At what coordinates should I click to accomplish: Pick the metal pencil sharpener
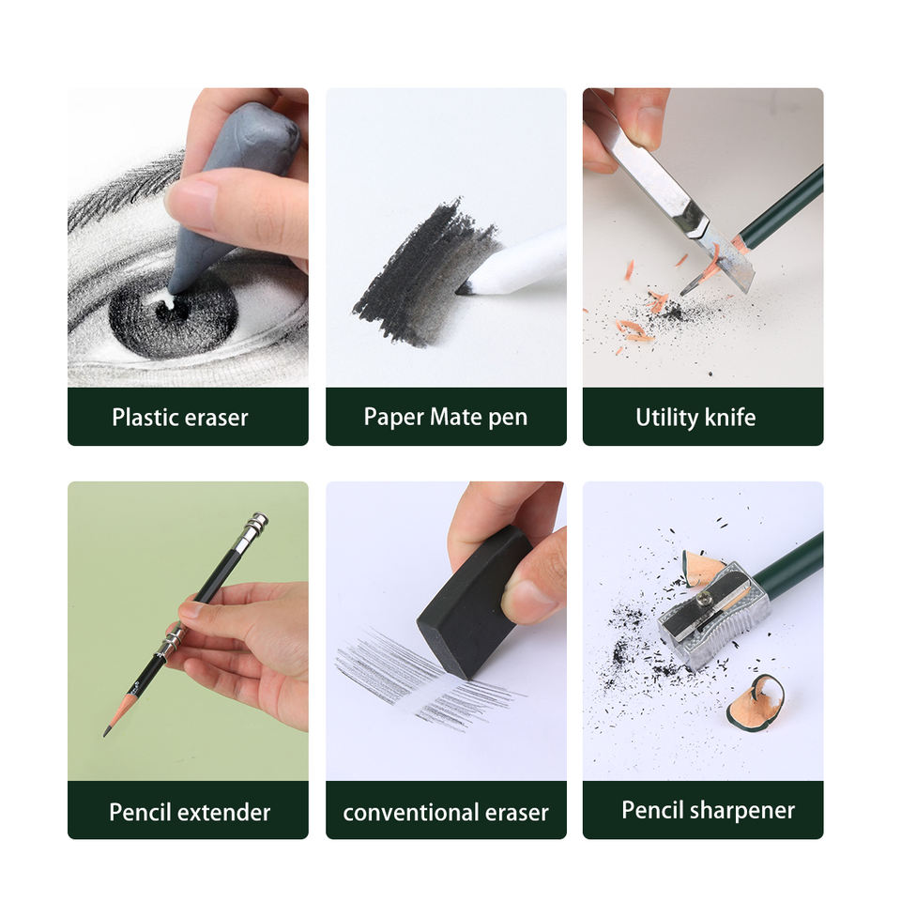(x=713, y=616)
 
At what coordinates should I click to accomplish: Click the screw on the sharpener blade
(x=705, y=599)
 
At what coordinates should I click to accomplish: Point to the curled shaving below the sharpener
(x=755, y=704)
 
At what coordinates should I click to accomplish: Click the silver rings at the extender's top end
(x=255, y=524)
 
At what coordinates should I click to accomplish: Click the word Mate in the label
(x=455, y=417)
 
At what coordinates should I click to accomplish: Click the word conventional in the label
(x=411, y=813)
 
